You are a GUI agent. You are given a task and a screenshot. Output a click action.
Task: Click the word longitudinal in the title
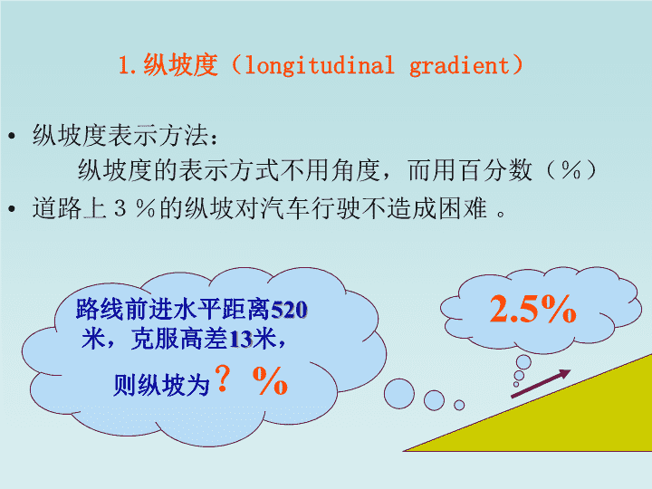tap(320, 66)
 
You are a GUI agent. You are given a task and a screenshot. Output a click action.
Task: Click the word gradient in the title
tap(459, 66)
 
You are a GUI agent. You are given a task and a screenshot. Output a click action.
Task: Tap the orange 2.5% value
tap(533, 309)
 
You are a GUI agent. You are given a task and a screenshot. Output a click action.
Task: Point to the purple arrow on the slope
tap(541, 383)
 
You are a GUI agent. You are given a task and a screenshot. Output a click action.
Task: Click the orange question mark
tap(223, 378)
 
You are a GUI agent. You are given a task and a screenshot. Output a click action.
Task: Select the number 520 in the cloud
tap(289, 310)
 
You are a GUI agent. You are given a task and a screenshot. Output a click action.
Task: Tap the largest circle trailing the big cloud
tap(399, 393)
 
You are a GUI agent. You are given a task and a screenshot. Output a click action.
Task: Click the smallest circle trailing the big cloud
tap(459, 405)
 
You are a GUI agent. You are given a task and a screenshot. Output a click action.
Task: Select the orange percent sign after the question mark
tap(270, 380)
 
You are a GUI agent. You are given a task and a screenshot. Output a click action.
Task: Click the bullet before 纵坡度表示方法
tap(12, 136)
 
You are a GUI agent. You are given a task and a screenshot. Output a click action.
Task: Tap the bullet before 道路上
tap(12, 208)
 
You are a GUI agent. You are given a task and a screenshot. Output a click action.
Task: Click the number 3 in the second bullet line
tap(120, 208)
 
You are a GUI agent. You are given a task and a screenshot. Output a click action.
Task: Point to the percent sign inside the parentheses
tap(570, 170)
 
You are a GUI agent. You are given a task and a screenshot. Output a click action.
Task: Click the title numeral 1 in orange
tap(123, 66)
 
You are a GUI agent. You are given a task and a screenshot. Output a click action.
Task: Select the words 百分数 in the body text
tap(494, 170)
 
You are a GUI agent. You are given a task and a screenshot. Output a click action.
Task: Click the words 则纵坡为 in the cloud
tap(161, 385)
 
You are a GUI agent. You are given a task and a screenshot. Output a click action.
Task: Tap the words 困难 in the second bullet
tap(463, 208)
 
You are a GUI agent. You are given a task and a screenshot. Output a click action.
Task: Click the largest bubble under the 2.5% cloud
tap(523, 361)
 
